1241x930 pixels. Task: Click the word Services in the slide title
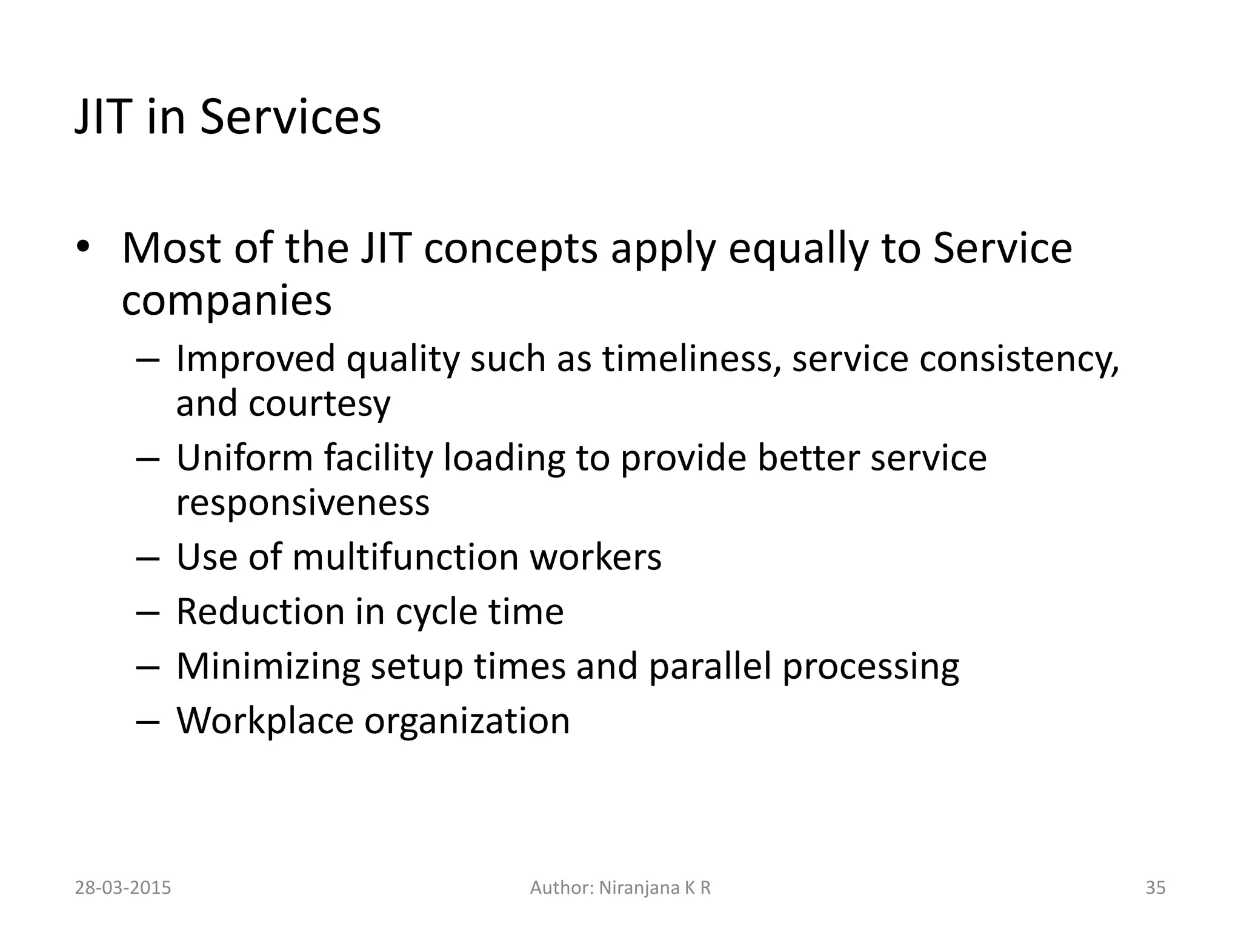(290, 116)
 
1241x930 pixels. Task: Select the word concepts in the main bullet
(510, 248)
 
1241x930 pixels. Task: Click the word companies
(227, 300)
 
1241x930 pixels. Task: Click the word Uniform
(244, 458)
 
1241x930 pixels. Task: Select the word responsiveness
(302, 503)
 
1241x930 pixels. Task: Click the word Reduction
(259, 612)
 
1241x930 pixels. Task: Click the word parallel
(710, 666)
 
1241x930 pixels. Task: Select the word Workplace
(265, 721)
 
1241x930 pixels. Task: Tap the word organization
(467, 721)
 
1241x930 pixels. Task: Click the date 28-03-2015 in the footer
(123, 888)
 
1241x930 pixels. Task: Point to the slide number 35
(1156, 888)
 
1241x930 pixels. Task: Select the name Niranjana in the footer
(639, 888)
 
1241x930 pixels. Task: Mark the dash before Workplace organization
(148, 722)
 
